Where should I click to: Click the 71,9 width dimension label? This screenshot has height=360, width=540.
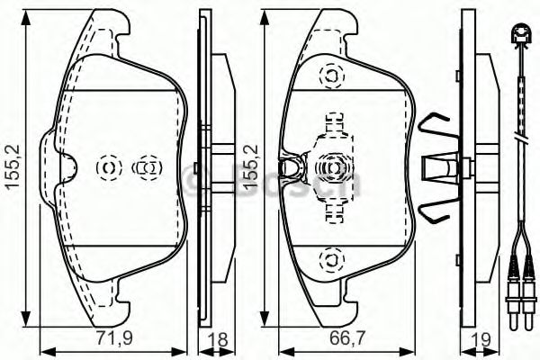[x=113, y=341]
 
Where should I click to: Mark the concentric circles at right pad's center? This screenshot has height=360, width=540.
[x=331, y=166]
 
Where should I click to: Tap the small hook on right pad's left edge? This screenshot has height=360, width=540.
[x=290, y=166]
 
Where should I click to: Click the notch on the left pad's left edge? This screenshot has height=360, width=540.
[x=67, y=166]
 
